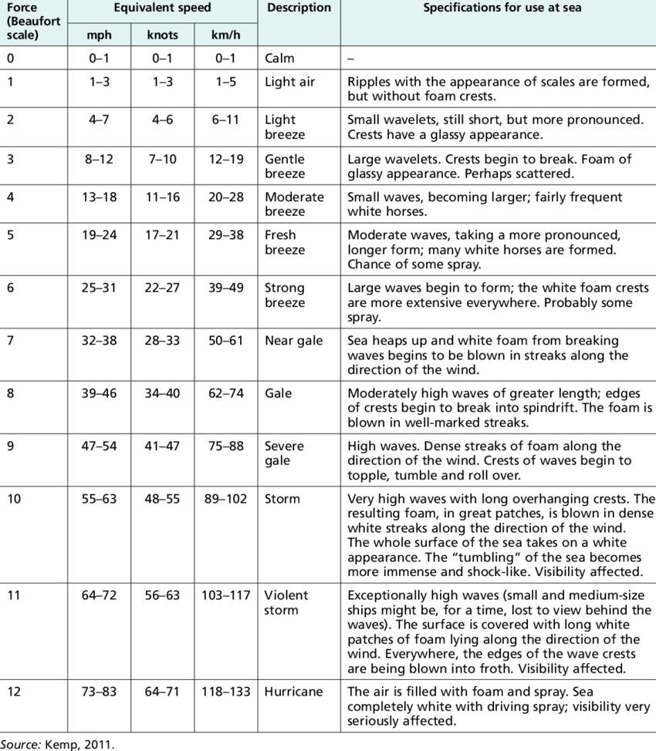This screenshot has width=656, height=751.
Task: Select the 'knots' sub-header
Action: click(x=163, y=35)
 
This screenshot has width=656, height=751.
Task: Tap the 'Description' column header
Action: click(x=298, y=8)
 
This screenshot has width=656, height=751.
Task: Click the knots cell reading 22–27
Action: click(x=163, y=288)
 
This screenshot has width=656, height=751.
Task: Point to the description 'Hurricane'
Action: click(x=294, y=692)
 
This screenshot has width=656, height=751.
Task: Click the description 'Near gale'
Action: click(x=293, y=341)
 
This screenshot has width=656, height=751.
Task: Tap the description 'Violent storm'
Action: click(x=286, y=602)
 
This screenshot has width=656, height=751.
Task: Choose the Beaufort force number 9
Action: click(x=11, y=446)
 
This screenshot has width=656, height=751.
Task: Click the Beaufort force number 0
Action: click(x=11, y=59)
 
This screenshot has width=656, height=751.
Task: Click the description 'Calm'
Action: click(x=279, y=59)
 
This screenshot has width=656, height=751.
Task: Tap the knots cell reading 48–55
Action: click(x=163, y=499)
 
